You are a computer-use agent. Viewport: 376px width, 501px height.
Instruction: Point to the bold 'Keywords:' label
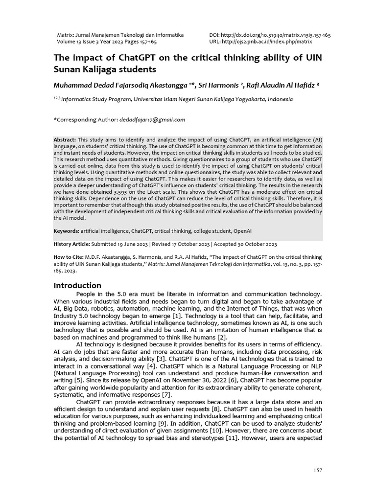[x=66, y=230]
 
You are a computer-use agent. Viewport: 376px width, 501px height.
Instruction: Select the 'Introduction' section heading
[x=77, y=285]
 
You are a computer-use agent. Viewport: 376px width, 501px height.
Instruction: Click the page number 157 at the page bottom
[x=318, y=470]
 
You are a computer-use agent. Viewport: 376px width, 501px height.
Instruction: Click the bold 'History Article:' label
[x=71, y=244]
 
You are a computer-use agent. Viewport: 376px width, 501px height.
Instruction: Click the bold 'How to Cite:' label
[x=68, y=257]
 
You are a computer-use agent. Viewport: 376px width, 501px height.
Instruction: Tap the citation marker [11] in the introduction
[x=232, y=438]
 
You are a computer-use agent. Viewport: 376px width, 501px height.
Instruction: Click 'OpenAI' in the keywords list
[x=243, y=230]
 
